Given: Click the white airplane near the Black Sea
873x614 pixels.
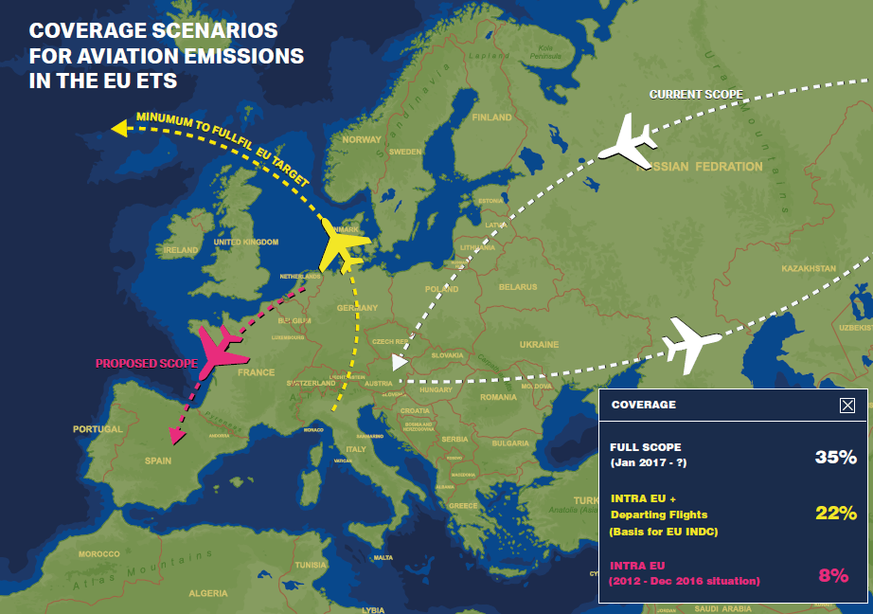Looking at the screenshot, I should click(693, 344).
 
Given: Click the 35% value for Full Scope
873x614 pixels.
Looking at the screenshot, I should click(835, 458).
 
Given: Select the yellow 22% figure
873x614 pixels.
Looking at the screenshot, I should click(835, 514).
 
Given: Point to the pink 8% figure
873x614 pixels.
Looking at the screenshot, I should click(832, 573).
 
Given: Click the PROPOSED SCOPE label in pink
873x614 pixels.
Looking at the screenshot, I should click(146, 363).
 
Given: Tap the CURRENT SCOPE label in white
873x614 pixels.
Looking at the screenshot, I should click(696, 95).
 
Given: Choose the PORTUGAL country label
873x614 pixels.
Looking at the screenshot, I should click(98, 429).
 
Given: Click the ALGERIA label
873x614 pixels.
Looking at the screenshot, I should click(207, 593).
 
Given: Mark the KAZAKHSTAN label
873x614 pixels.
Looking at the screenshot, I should click(809, 268).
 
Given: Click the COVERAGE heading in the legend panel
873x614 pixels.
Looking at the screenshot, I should click(644, 405).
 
